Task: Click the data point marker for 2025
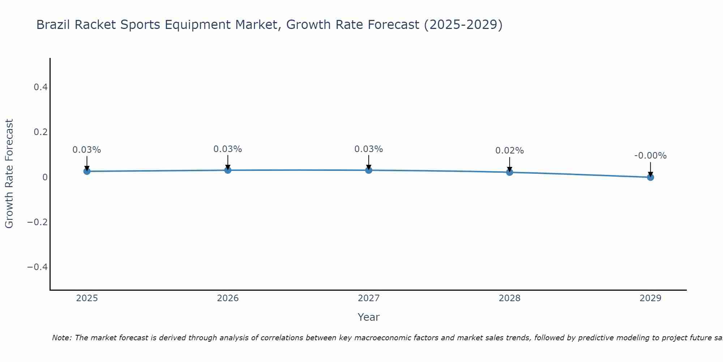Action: point(87,171)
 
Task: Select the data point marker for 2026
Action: point(228,170)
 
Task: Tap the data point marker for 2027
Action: point(369,170)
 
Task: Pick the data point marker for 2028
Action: point(509,172)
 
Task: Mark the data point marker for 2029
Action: point(650,177)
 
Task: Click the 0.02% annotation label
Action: point(509,151)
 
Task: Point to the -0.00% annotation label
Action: point(650,156)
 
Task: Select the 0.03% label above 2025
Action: point(87,150)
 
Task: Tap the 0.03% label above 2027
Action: point(369,149)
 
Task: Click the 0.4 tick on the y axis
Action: point(40,87)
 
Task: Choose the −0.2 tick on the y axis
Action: point(38,222)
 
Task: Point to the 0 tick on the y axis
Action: point(45,177)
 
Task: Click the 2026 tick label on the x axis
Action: point(228,298)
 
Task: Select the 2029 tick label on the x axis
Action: point(650,298)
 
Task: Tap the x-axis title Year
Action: point(368,317)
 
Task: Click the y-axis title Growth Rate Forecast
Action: point(9,174)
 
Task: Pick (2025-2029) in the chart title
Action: point(463,25)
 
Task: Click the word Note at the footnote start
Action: point(62,338)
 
